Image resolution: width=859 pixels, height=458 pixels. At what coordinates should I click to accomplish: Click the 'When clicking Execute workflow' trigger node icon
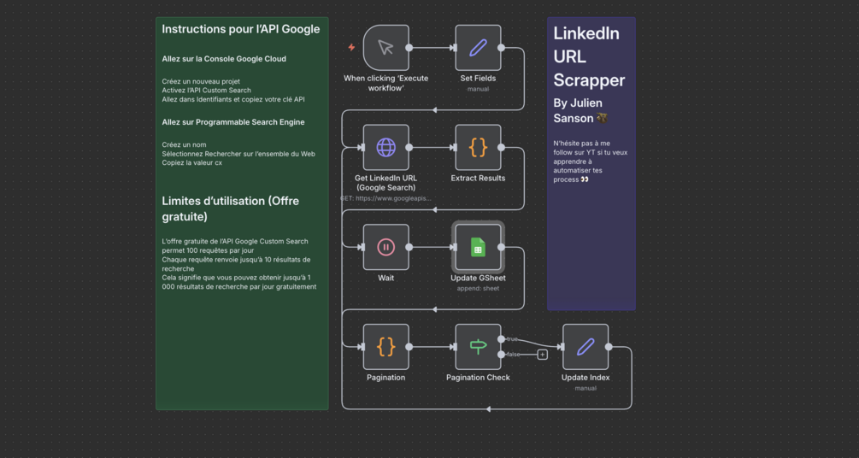[385, 48]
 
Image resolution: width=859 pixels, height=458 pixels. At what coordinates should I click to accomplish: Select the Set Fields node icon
[478, 48]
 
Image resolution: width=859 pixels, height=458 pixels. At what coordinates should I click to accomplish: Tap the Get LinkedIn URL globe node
[385, 147]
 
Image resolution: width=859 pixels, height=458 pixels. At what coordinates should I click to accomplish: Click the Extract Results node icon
[478, 147]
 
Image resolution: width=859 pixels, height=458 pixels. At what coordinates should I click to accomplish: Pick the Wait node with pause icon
[385, 247]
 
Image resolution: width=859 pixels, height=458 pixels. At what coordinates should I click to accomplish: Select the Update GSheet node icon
[478, 247]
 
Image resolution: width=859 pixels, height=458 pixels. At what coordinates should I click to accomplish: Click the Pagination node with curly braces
[385, 347]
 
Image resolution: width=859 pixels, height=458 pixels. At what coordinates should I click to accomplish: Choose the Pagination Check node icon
[478, 347]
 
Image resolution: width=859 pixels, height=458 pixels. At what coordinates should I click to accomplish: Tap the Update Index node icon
[585, 347]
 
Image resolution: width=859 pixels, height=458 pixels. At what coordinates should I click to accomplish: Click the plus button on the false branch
[542, 355]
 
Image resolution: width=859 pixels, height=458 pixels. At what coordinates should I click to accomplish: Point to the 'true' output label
[513, 339]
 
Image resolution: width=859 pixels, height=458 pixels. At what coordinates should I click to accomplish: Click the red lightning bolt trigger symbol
[351, 48]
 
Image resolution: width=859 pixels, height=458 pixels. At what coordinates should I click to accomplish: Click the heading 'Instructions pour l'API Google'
[241, 29]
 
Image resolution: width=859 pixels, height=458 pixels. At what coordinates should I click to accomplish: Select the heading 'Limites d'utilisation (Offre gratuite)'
[231, 208]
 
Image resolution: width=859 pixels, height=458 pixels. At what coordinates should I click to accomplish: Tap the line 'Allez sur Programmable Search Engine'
[233, 122]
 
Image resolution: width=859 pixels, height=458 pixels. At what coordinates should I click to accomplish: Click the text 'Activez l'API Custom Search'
[207, 91]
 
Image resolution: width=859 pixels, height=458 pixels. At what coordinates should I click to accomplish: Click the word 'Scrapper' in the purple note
[589, 80]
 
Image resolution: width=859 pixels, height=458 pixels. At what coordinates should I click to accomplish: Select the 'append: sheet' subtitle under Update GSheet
[478, 289]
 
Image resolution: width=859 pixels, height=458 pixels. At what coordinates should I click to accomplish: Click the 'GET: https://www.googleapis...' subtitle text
[385, 198]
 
